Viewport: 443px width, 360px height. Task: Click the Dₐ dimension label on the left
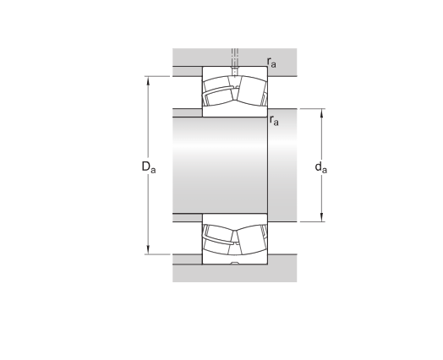pyautogui.click(x=148, y=166)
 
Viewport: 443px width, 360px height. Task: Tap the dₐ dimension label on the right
pyautogui.click(x=321, y=167)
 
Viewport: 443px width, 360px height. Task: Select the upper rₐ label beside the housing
pyautogui.click(x=271, y=63)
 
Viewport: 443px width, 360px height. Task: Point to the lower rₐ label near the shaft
pyautogui.click(x=274, y=120)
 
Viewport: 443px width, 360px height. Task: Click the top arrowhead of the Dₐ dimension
pyautogui.click(x=148, y=80)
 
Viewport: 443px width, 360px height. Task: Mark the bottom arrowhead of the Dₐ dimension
pyautogui.click(x=148, y=250)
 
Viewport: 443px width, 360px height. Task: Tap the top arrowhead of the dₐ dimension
pyautogui.click(x=321, y=113)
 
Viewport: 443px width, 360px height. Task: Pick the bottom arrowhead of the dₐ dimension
pyautogui.click(x=321, y=217)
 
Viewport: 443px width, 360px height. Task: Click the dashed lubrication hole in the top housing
pyautogui.click(x=235, y=63)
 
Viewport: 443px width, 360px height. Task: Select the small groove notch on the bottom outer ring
pyautogui.click(x=235, y=264)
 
